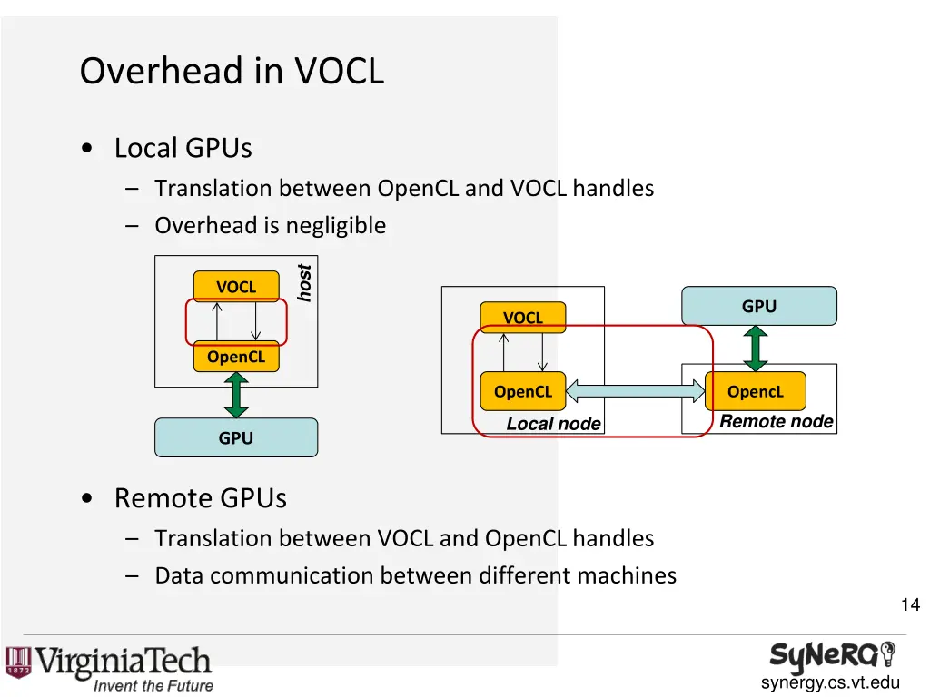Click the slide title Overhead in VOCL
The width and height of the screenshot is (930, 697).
pyautogui.click(x=232, y=71)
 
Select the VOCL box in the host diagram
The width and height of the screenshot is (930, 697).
pyautogui.click(x=236, y=287)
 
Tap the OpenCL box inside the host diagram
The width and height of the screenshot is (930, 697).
pyautogui.click(x=236, y=357)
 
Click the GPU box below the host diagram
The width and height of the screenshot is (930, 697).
pyautogui.click(x=236, y=437)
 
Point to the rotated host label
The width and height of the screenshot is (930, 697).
pyautogui.click(x=305, y=283)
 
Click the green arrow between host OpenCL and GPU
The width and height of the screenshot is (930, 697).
pyautogui.click(x=236, y=395)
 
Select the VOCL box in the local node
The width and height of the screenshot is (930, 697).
pyautogui.click(x=523, y=318)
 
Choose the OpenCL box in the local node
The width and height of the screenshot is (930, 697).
pyautogui.click(x=523, y=391)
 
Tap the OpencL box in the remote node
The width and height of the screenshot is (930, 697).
pyautogui.click(x=756, y=391)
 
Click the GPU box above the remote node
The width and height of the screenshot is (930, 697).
pyautogui.click(x=759, y=306)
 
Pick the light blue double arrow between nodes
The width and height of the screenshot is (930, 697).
pyautogui.click(x=635, y=391)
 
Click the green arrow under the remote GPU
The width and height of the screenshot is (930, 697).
pyautogui.click(x=756, y=348)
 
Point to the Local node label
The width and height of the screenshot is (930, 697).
pyautogui.click(x=553, y=424)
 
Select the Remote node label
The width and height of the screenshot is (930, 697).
pyautogui.click(x=776, y=421)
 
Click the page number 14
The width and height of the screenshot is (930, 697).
pyautogui.click(x=910, y=605)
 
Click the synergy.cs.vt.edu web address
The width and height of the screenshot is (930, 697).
pyautogui.click(x=830, y=683)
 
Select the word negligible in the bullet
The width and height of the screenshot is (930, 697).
pyautogui.click(x=337, y=225)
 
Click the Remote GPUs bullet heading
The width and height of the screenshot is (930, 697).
pyautogui.click(x=200, y=497)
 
